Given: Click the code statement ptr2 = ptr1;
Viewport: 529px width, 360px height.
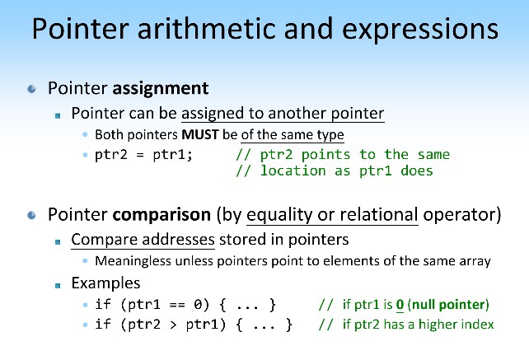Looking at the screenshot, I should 144,154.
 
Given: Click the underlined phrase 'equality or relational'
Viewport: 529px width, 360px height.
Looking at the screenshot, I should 339,216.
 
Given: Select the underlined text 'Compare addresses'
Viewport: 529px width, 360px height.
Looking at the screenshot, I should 143,241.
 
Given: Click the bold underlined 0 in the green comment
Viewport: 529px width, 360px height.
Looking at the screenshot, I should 400,303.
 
